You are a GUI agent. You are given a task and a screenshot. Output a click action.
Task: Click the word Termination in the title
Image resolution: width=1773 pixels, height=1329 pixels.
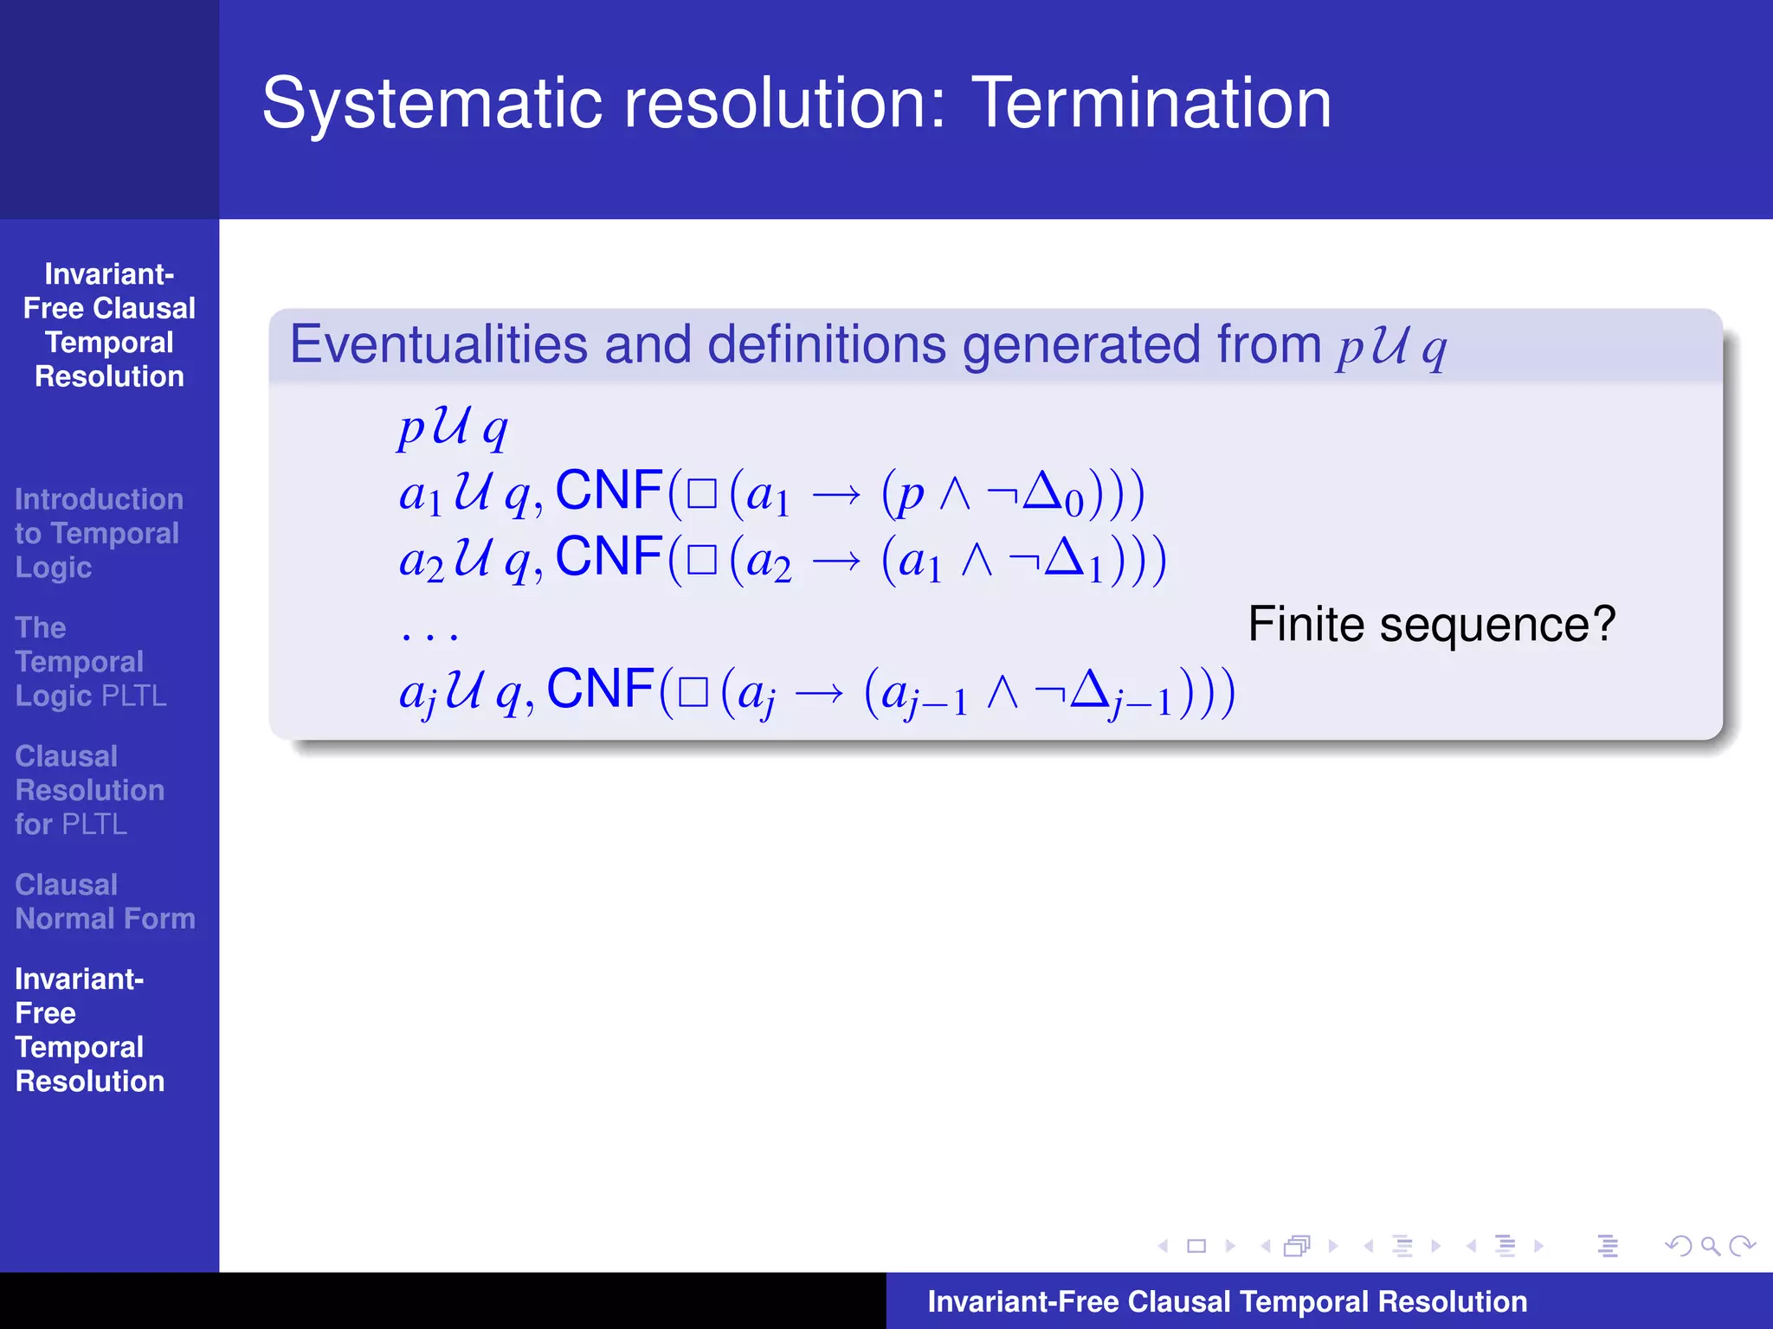pyautogui.click(x=1151, y=104)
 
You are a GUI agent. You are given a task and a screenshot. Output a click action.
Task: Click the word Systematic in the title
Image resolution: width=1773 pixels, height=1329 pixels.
pyautogui.click(x=431, y=104)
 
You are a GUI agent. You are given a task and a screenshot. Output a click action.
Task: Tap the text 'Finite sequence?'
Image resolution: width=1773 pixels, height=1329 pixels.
pyautogui.click(x=1431, y=624)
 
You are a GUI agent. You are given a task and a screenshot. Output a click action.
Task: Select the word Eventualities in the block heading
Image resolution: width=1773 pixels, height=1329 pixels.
pyautogui.click(x=438, y=344)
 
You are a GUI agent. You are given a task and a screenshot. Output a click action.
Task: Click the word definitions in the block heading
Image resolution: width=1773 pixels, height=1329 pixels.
pyautogui.click(x=826, y=344)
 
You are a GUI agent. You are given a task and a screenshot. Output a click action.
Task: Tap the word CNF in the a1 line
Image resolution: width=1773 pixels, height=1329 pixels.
pyautogui.click(x=609, y=491)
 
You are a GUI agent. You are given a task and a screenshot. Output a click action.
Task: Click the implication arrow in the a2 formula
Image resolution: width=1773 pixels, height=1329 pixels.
pyautogui.click(x=836, y=562)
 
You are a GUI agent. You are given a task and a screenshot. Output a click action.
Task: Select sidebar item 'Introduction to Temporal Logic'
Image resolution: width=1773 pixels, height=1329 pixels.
pyautogui.click(x=98, y=533)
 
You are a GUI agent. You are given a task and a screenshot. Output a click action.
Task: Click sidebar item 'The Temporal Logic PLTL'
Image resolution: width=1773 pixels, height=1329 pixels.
pyautogui.click(x=90, y=662)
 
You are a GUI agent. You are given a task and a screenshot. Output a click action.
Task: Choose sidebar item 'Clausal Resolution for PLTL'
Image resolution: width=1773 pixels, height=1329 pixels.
pyautogui.click(x=89, y=790)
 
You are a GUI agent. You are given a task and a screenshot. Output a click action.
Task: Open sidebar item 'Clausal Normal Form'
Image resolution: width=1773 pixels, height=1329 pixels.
pyautogui.click(x=105, y=902)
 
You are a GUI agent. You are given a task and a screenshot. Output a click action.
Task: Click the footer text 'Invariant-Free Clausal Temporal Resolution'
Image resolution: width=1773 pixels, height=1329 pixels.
pyautogui.click(x=1227, y=1301)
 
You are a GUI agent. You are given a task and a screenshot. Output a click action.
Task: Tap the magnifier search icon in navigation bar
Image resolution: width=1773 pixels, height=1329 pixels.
pyautogui.click(x=1710, y=1246)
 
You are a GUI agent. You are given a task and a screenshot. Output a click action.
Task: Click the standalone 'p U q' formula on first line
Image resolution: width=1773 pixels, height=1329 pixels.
pyautogui.click(x=453, y=427)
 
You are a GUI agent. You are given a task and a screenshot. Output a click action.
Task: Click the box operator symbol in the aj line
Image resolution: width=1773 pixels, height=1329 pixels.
pyautogui.click(x=693, y=693)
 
